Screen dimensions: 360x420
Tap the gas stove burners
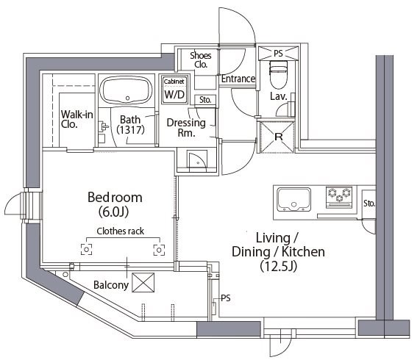[342, 195]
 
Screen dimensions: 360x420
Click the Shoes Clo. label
[200, 60]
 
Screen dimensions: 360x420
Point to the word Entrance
[238, 79]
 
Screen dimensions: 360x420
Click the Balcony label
[111, 284]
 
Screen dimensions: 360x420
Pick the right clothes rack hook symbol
[158, 249]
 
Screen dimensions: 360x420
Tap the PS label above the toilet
[278, 54]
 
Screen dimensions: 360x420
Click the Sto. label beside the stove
[369, 203]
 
